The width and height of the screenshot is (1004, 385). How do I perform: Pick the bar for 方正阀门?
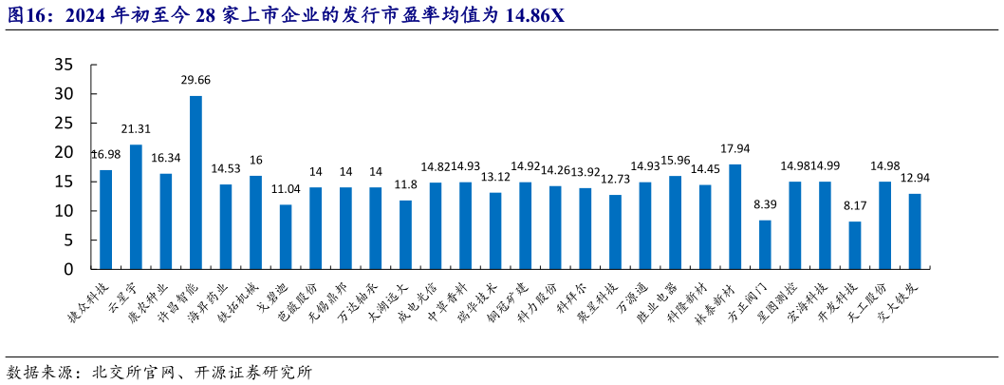coord(765,244)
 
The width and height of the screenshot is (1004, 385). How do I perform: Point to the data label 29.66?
coord(195,81)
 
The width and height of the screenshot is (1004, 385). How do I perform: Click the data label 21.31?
coord(136,129)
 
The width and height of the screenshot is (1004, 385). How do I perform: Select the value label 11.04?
coord(286,189)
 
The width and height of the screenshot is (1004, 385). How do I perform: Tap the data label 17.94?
coord(734,149)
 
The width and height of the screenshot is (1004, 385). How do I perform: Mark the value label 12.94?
coord(915,179)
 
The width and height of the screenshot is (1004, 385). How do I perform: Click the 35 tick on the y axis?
coord(64,65)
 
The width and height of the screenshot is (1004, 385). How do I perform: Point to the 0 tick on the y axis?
coord(68,270)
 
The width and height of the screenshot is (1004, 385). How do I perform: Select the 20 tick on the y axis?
coord(64,152)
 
